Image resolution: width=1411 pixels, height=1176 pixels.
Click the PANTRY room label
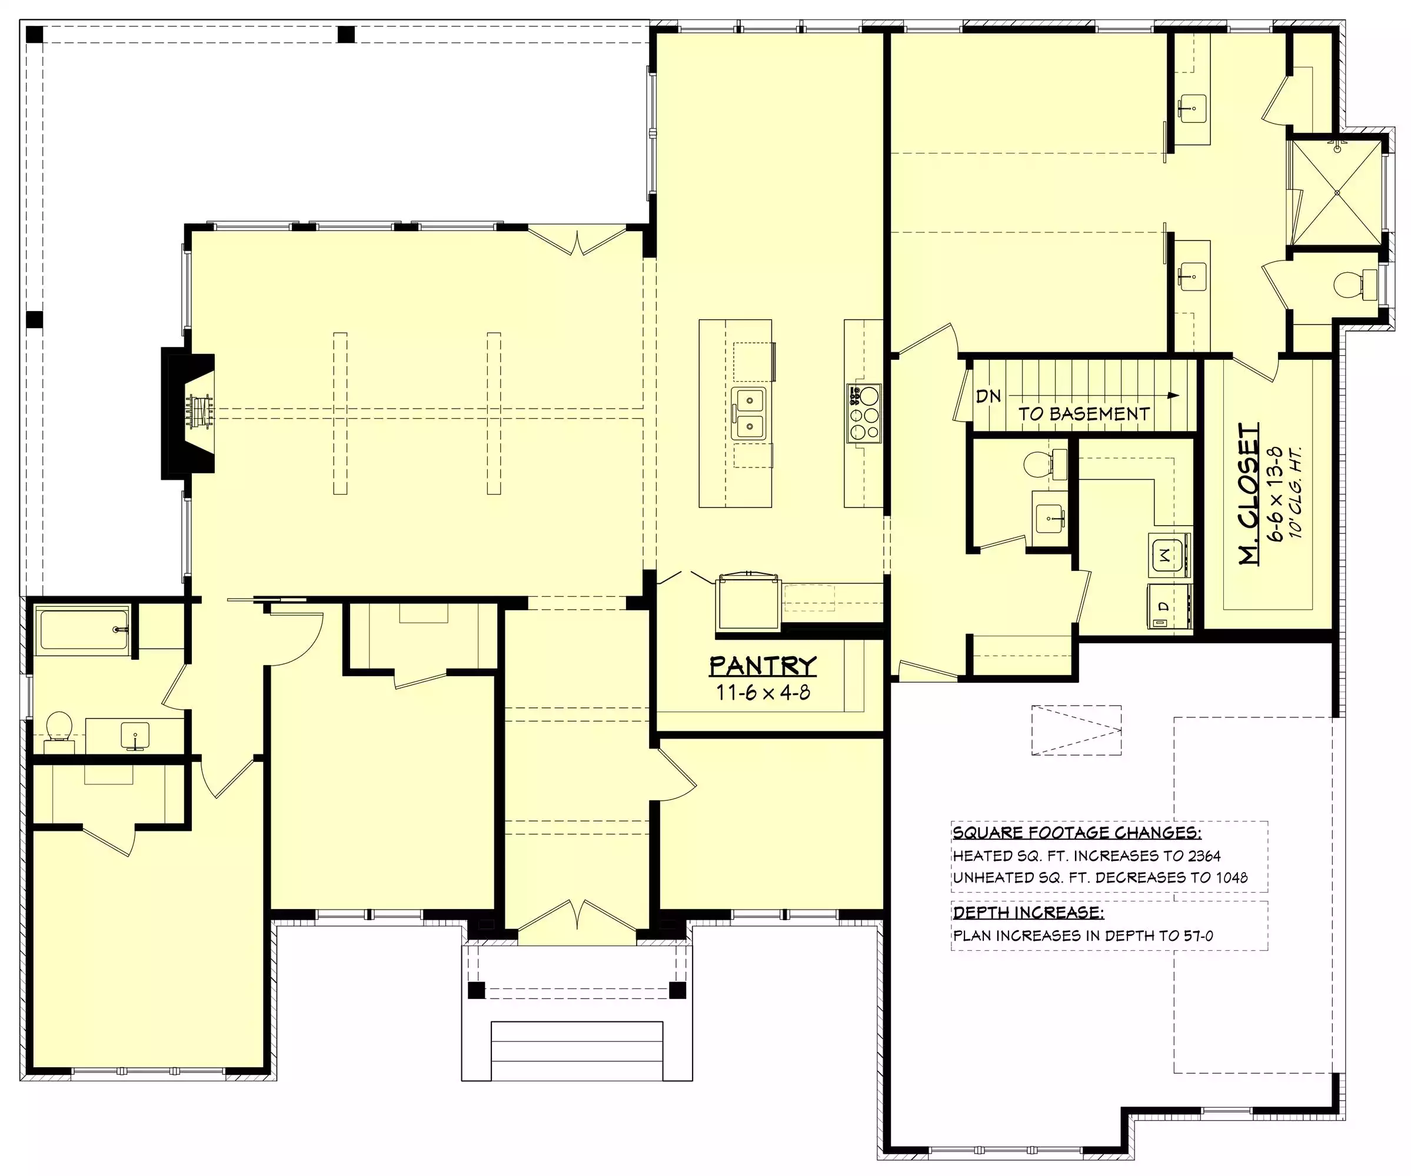tap(763, 666)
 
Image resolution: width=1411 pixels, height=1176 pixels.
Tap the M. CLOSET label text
tap(1250, 494)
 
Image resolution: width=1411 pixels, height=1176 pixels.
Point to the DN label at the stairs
tap(989, 396)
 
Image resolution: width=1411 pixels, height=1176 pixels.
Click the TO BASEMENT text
tap(1084, 414)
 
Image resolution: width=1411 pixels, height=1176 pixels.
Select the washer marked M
tap(1170, 554)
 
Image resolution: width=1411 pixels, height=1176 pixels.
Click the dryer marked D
tap(1170, 606)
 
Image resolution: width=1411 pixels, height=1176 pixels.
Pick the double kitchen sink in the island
tap(748, 414)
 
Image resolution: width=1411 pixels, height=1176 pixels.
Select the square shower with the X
tap(1337, 193)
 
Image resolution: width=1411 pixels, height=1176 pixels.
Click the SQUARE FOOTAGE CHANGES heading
tap(1077, 833)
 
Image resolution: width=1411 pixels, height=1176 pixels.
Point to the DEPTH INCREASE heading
tap(1028, 912)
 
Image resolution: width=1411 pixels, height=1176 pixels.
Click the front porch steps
tap(577, 1051)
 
